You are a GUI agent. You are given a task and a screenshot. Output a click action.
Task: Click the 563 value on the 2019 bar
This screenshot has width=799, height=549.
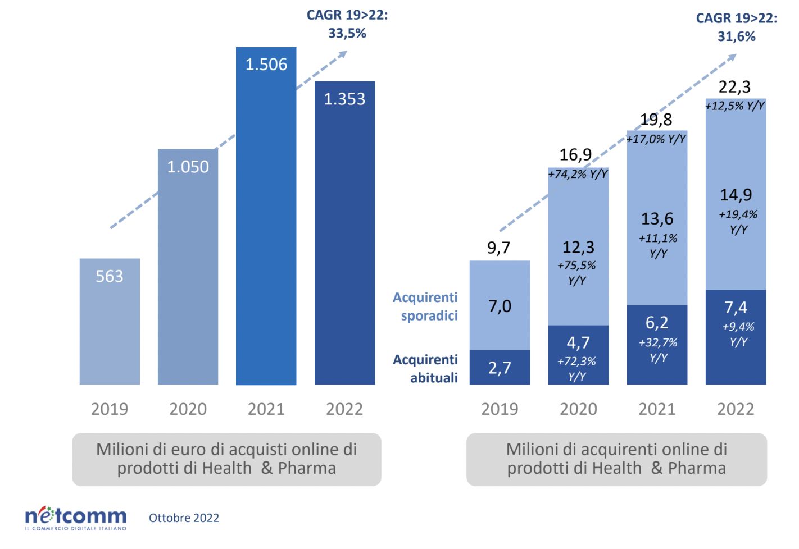(x=109, y=276)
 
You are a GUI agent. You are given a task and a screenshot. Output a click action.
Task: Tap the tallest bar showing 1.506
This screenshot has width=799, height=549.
(x=266, y=225)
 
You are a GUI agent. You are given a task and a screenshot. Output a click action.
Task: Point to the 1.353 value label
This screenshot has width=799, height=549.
(x=344, y=99)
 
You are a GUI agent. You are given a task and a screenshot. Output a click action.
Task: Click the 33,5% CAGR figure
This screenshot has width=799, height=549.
(x=347, y=34)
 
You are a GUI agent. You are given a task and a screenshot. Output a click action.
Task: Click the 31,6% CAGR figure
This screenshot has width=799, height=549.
(x=736, y=37)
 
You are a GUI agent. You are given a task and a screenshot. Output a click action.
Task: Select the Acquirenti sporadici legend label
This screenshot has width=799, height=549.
(x=425, y=306)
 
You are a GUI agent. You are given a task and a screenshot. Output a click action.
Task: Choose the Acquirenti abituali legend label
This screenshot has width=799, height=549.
(x=425, y=368)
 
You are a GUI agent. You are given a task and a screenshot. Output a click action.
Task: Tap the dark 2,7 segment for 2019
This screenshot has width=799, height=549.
(x=500, y=368)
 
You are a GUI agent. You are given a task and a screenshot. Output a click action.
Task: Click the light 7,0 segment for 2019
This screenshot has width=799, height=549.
(x=500, y=306)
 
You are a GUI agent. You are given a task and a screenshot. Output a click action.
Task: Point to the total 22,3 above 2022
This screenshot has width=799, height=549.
(x=734, y=87)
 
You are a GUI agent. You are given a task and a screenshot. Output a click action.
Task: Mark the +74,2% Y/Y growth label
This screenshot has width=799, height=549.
(x=578, y=174)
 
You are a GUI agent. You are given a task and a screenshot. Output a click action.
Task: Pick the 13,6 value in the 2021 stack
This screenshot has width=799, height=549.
(x=657, y=218)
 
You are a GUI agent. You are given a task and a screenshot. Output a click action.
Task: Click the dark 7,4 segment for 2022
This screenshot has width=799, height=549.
(x=736, y=308)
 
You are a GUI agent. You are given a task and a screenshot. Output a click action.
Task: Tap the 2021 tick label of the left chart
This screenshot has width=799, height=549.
(x=266, y=409)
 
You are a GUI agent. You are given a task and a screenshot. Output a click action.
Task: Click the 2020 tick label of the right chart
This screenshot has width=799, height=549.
(x=578, y=409)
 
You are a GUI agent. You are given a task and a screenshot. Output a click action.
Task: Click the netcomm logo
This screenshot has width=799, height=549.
(x=76, y=518)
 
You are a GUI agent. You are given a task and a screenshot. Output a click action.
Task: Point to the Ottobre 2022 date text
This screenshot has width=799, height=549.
(x=184, y=518)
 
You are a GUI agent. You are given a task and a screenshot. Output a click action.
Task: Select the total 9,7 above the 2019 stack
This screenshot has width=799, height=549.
(x=498, y=248)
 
